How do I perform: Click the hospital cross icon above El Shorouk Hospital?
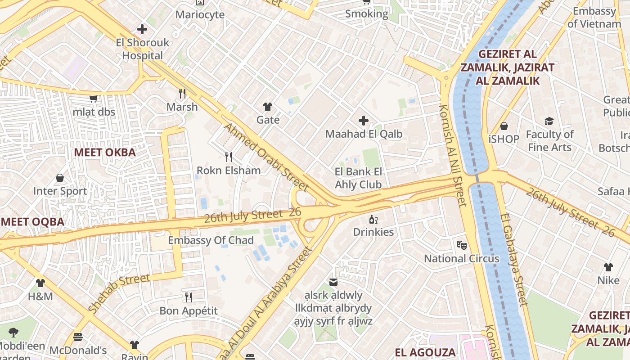pyautogui.click(x=142, y=30)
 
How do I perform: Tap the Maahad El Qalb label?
pyautogui.click(x=364, y=134)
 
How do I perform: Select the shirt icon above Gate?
pyautogui.click(x=268, y=107)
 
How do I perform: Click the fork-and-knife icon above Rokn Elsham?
pyautogui.click(x=229, y=157)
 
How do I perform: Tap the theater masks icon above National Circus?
pyautogui.click(x=461, y=245)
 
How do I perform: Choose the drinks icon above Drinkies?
pyautogui.click(x=373, y=220)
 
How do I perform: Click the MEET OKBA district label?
pyautogui.click(x=105, y=152)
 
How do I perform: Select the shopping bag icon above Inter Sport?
pyautogui.click(x=60, y=178)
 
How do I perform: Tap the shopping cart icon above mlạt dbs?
pyautogui.click(x=94, y=99)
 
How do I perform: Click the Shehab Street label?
pyautogui.click(x=119, y=293)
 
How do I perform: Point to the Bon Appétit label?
pyautogui.click(x=189, y=310)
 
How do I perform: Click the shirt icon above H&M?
pyautogui.click(x=40, y=283)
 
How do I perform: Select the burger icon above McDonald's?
pyautogui.click(x=78, y=337)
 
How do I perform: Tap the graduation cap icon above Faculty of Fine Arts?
pyautogui.click(x=549, y=121)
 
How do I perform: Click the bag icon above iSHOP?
pyautogui.click(x=504, y=126)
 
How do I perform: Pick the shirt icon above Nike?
pyautogui.click(x=608, y=267)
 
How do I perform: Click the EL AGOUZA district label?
pyautogui.click(x=425, y=352)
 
